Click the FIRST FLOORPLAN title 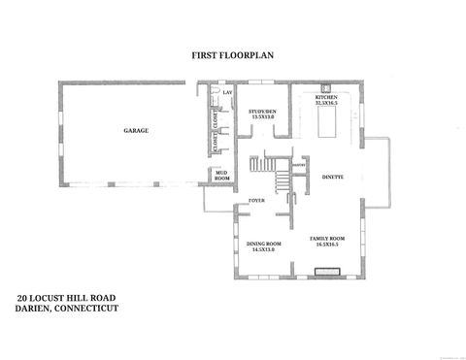232,57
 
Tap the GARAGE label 135,130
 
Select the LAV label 226,93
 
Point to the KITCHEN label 327,97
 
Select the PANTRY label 299,166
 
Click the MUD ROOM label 221,178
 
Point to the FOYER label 256,201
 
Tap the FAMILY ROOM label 327,238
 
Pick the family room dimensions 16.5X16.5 327,245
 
